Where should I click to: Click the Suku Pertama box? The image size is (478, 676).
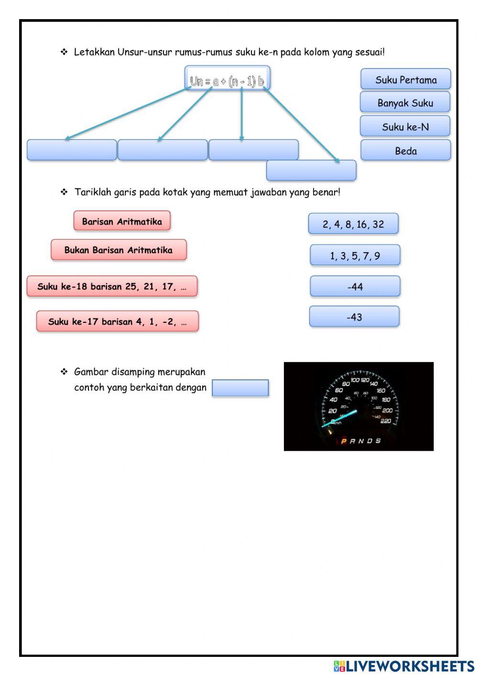click(405, 79)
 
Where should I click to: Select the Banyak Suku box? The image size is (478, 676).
click(405, 102)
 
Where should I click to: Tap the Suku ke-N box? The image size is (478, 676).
click(405, 126)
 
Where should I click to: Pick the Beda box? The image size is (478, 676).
click(405, 151)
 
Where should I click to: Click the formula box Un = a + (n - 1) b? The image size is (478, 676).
click(227, 80)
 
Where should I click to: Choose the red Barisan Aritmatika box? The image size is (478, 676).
click(122, 221)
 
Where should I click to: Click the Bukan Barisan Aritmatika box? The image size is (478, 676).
click(119, 250)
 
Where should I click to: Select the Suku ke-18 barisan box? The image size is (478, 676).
click(112, 287)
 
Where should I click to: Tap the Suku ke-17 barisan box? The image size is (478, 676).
click(117, 321)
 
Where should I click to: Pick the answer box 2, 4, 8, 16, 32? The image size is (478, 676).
click(353, 224)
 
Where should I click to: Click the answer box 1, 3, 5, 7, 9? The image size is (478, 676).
click(355, 255)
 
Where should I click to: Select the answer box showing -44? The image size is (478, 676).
click(355, 287)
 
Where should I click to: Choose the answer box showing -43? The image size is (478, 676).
click(354, 317)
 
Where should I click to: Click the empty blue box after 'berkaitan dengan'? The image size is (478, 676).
click(240, 388)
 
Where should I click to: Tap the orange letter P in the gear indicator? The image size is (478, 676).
click(344, 441)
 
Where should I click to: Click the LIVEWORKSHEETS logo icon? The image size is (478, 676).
click(339, 665)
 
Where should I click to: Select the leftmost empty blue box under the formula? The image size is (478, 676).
click(72, 150)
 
